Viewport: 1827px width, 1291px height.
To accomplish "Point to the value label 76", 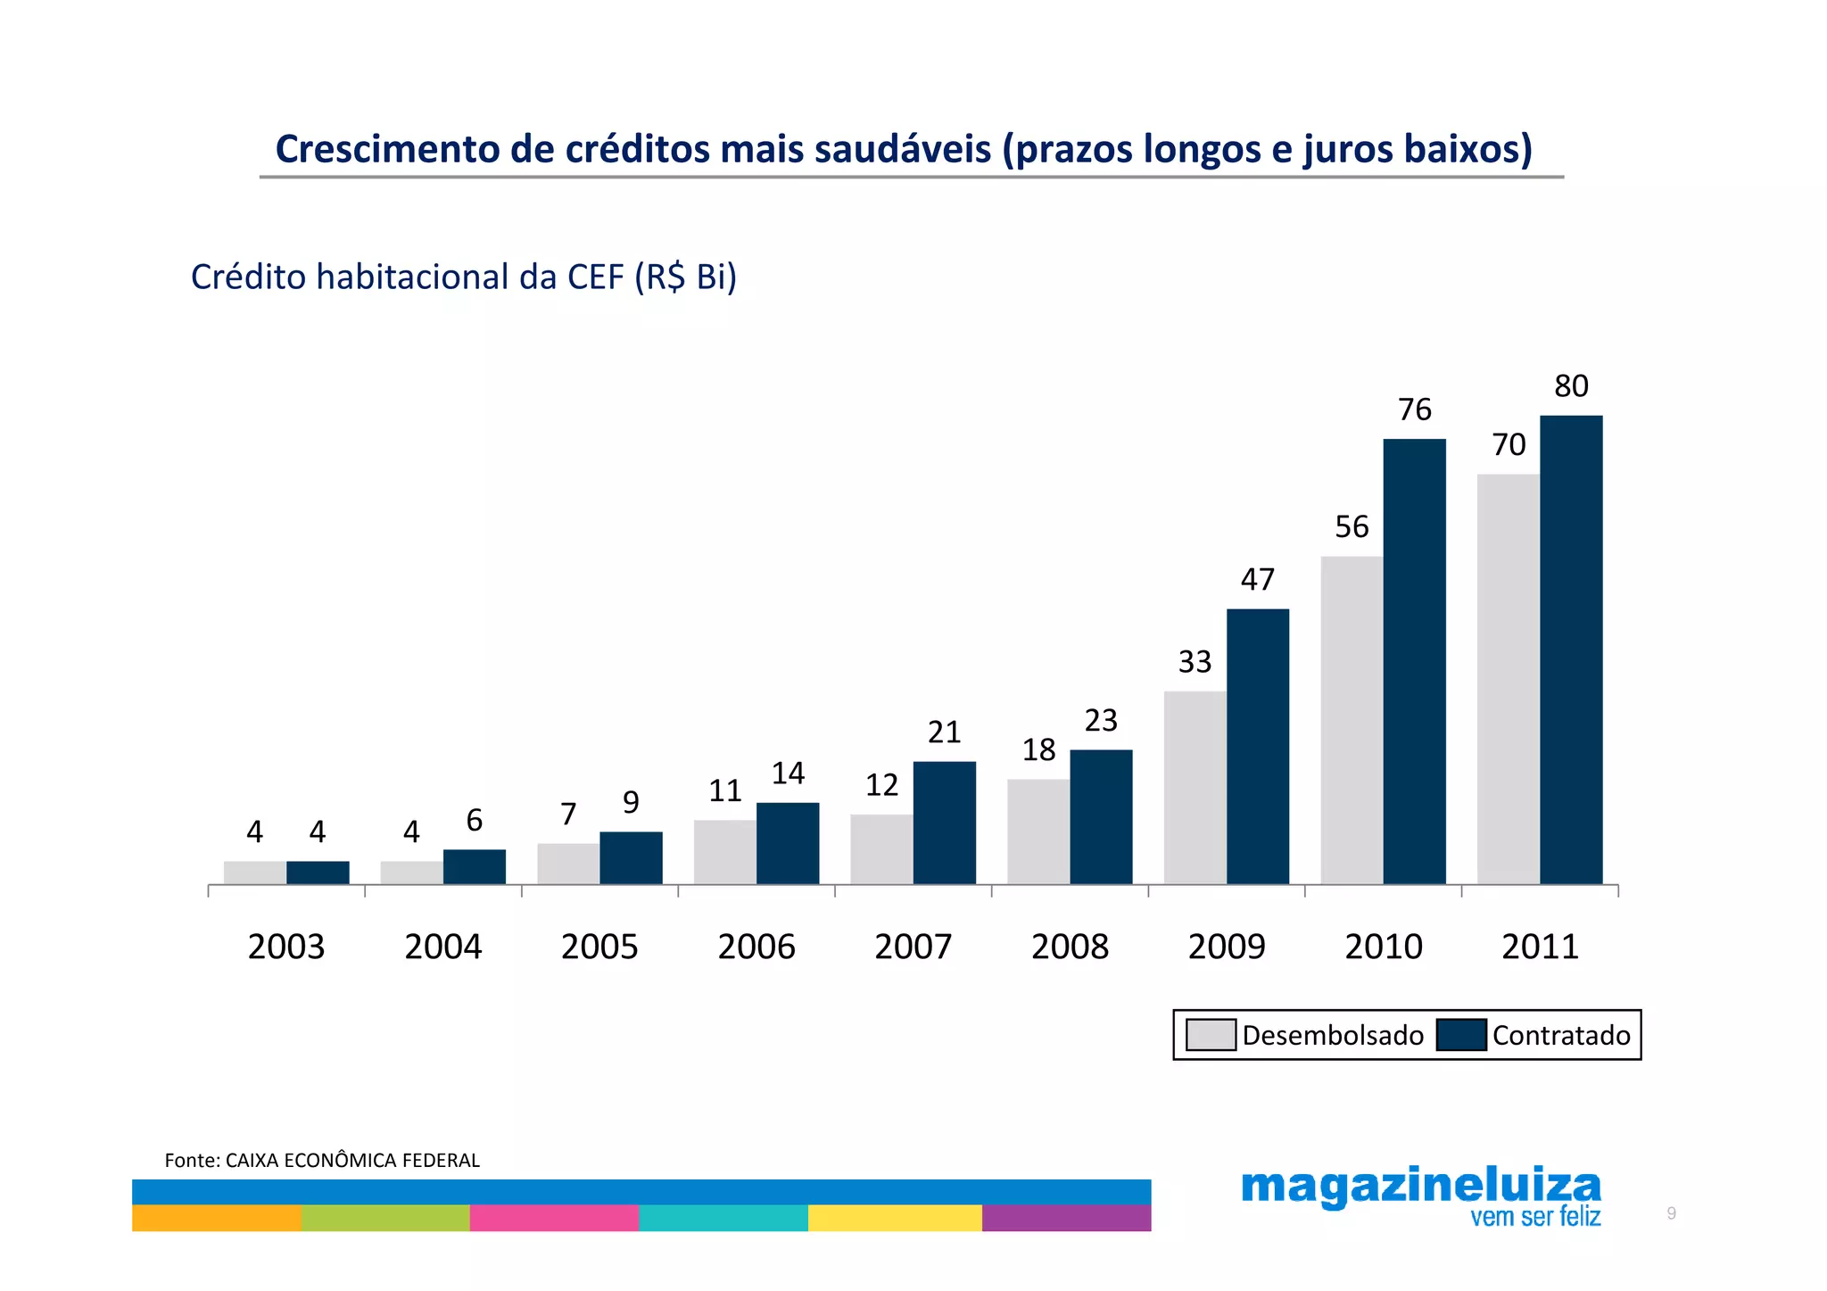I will pyautogui.click(x=1414, y=410).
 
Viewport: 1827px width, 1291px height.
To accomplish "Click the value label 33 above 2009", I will pyautogui.click(x=1195, y=662).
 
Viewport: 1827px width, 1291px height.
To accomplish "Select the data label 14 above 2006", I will pyautogui.click(x=788, y=774).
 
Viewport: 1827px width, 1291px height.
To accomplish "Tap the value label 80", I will pyautogui.click(x=1571, y=386).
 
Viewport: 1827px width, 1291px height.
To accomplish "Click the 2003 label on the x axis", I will pyautogui.click(x=286, y=947).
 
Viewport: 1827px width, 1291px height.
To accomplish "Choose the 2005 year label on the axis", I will pyautogui.click(x=599, y=947).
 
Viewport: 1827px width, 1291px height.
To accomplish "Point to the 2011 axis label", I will pyautogui.click(x=1540, y=947).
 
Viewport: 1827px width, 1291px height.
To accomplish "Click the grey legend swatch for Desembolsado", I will pyautogui.click(x=1211, y=1035).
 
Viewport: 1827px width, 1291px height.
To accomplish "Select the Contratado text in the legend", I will pyautogui.click(x=1561, y=1035).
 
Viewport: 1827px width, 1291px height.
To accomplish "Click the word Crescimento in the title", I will pyautogui.click(x=387, y=149).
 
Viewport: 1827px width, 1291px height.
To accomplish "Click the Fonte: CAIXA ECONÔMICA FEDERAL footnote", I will pyautogui.click(x=322, y=1160).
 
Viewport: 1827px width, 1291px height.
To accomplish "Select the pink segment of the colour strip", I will pyautogui.click(x=554, y=1218).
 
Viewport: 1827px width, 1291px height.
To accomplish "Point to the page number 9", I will pyautogui.click(x=1671, y=1213).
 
